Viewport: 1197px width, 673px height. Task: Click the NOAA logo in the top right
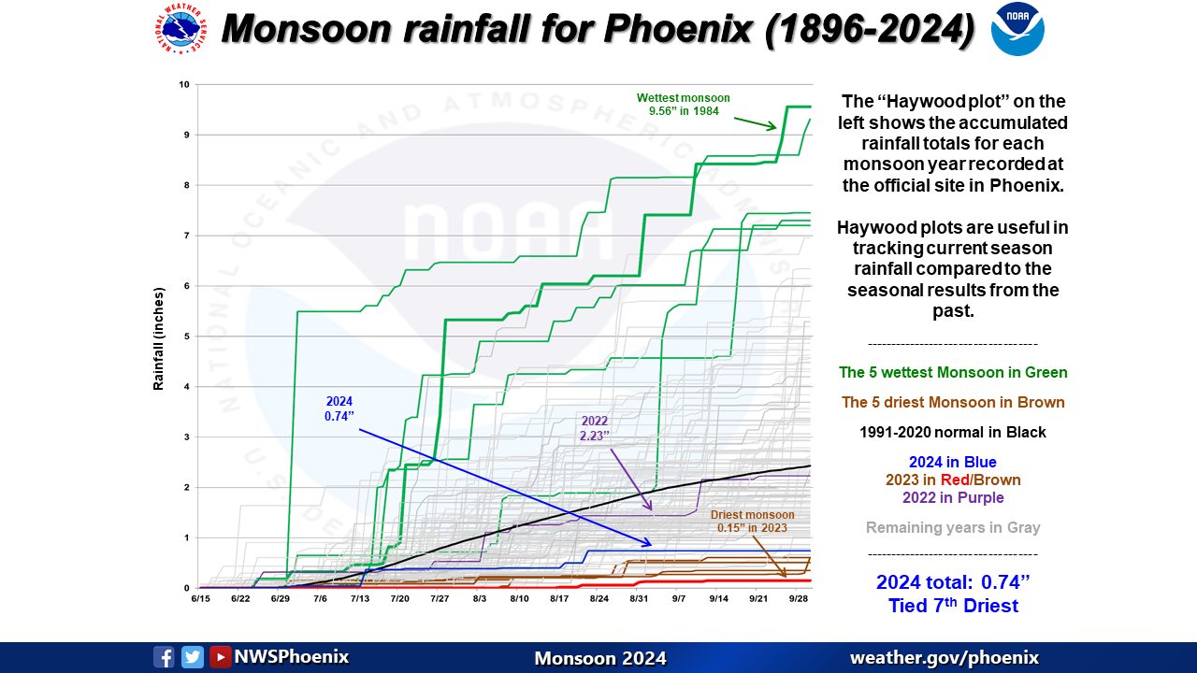pos(1017,29)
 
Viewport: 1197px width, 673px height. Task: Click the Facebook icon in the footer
pos(164,657)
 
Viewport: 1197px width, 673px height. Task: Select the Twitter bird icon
pos(193,657)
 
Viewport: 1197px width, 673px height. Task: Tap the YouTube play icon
pos(221,657)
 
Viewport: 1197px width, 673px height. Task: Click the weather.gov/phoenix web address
pos(944,657)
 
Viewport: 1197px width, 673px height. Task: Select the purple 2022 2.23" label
pos(594,428)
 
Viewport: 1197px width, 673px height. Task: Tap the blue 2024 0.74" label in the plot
pos(339,408)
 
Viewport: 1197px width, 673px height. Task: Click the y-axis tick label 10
pos(184,84)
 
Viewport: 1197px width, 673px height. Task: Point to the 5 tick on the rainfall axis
pos(186,336)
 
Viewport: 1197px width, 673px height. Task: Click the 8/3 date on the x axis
pos(480,597)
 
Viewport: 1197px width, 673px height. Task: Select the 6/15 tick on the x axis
pos(201,597)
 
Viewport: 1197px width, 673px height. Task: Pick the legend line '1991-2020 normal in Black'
pos(953,433)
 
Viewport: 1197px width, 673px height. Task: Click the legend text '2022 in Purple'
pos(953,497)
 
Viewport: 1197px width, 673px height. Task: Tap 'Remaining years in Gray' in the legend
pos(953,527)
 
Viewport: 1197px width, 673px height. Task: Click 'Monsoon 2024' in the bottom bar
pos(599,658)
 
